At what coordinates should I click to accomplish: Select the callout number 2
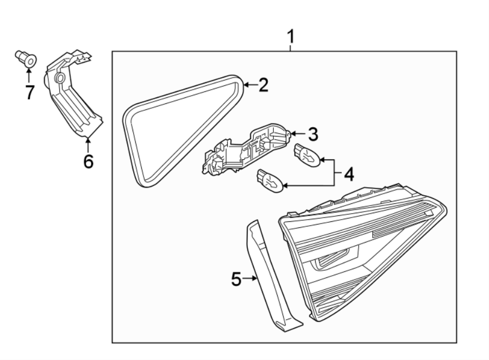263,85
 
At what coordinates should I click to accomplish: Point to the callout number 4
348,174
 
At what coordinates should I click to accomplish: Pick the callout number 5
236,279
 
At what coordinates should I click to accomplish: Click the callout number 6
88,161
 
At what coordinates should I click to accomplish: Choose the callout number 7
29,92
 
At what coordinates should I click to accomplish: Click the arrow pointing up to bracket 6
87,144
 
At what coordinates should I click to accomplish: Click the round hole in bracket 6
60,79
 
